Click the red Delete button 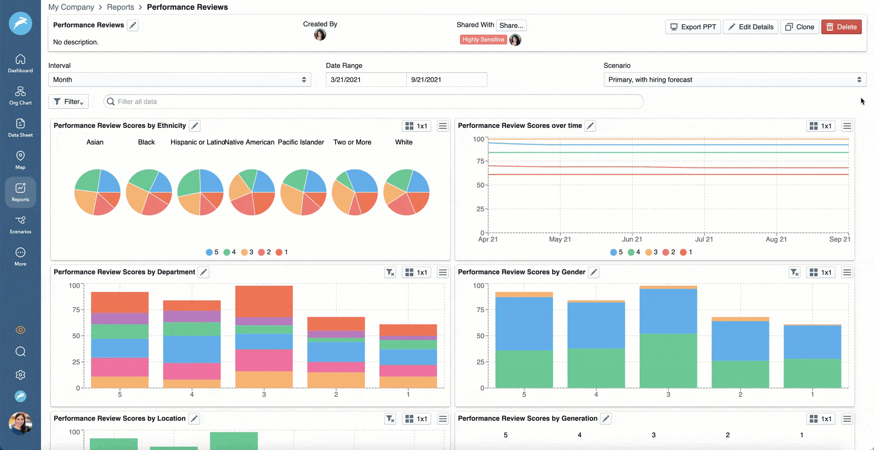coord(841,27)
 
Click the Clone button coord(800,27)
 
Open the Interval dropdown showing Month coord(179,80)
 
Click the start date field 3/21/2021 coord(366,80)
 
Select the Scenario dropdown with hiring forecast coord(735,80)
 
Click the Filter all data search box coord(373,102)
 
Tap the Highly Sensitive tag coord(483,40)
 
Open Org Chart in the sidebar coord(20,96)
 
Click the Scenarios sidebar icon coord(20,225)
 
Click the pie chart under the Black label coord(149,192)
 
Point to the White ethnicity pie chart coord(406,192)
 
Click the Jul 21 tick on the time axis coord(704,239)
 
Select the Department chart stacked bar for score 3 coord(264,337)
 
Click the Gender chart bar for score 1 coord(812,356)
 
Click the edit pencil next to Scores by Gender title coord(594,272)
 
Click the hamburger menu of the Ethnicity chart coord(443,126)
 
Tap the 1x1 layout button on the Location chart coord(416,419)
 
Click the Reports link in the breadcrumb coord(120,7)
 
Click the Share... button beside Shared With coord(511,25)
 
